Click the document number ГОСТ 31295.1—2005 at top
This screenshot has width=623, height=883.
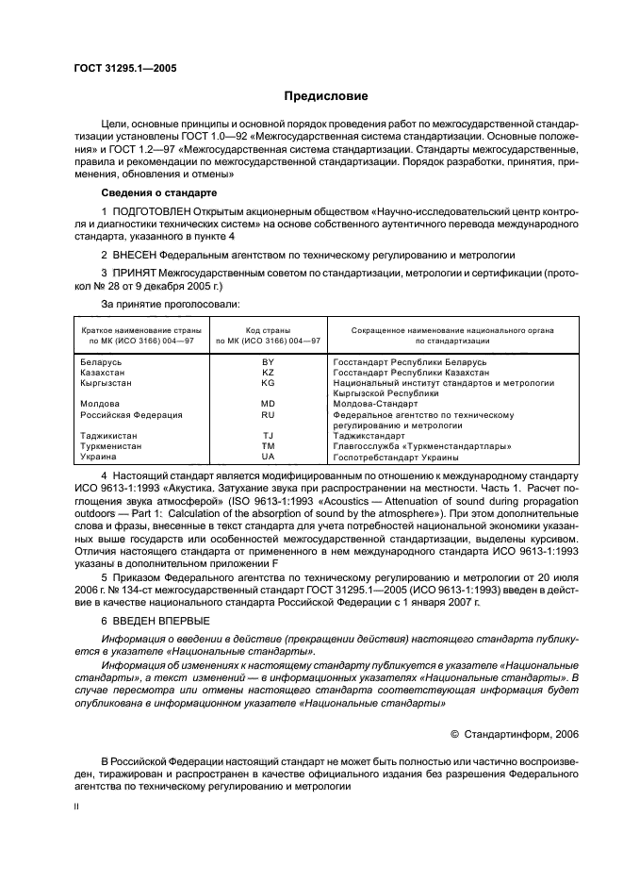(x=124, y=68)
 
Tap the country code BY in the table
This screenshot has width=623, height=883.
(x=268, y=361)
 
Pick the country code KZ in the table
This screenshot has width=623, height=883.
(x=268, y=373)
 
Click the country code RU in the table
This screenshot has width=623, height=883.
(x=268, y=414)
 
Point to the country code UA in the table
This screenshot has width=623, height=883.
(x=268, y=456)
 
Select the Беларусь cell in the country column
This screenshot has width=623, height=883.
(x=101, y=361)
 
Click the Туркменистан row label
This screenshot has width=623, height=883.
(x=111, y=445)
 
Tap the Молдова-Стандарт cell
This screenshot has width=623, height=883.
(x=377, y=404)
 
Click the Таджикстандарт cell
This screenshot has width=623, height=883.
(x=374, y=435)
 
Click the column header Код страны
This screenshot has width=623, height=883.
(x=268, y=331)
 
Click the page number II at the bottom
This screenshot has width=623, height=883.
(x=78, y=807)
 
